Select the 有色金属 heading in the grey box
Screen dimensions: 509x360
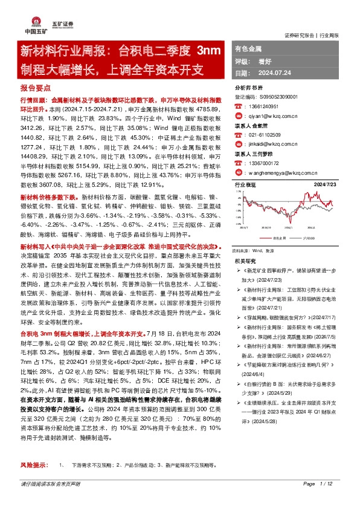pos(248,47)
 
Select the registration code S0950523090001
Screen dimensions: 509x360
pos(280,96)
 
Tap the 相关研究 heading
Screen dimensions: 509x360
pos(244,259)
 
